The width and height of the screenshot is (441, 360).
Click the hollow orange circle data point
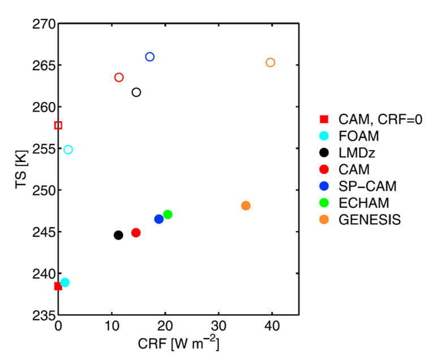coord(270,62)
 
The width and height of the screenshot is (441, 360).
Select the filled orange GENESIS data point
coord(246,205)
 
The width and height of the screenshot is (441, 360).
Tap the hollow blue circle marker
coord(149,57)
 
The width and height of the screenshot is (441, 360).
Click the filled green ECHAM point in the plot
coord(168,214)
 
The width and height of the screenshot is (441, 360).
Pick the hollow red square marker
coord(58,125)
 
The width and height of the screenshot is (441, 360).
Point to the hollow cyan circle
coord(68,149)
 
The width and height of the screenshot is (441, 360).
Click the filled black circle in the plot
coord(118,235)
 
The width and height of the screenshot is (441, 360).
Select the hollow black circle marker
coord(136,92)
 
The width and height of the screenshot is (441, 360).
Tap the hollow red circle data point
coord(119,78)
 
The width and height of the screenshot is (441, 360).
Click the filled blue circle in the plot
coord(159,219)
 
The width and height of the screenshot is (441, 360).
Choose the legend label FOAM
coord(359,136)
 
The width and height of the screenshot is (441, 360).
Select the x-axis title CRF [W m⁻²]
coord(178,343)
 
